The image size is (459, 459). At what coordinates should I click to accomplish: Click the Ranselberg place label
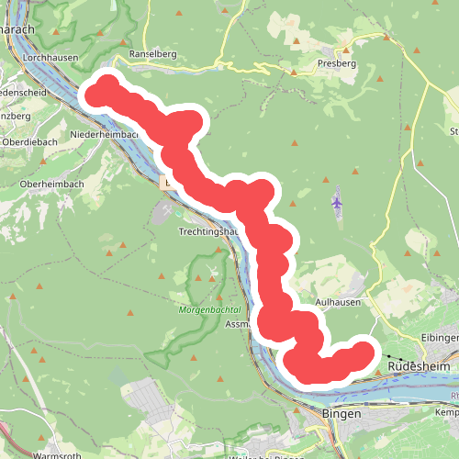tap(153, 54)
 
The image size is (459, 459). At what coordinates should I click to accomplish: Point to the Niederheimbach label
tap(104, 133)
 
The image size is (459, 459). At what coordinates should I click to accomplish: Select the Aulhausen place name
tap(337, 301)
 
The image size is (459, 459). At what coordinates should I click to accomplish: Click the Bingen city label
tap(343, 414)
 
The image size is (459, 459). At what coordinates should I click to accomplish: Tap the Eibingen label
tap(438, 337)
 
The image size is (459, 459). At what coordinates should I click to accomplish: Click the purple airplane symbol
tap(338, 202)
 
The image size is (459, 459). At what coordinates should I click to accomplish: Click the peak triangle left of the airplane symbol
tap(294, 143)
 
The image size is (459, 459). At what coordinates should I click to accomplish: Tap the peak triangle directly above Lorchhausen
tap(57, 32)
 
